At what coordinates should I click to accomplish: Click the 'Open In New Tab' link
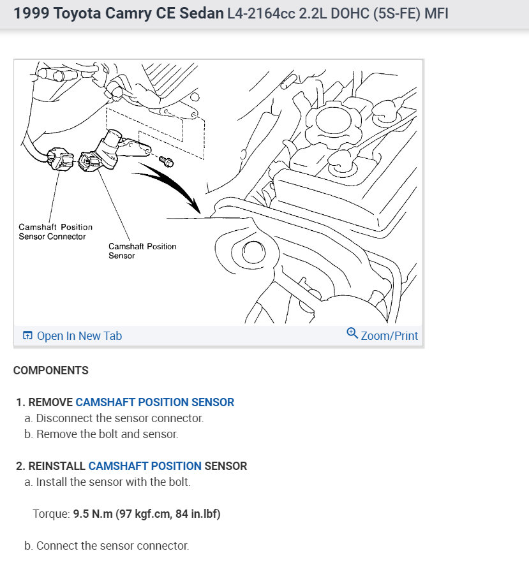tap(79, 336)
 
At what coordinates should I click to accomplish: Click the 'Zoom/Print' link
tap(389, 335)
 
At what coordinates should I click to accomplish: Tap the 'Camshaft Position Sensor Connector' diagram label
tap(56, 231)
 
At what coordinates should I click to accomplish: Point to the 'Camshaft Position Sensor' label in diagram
tap(142, 251)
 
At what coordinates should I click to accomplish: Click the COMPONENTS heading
tap(51, 370)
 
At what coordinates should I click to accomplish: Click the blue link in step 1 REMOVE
tap(154, 402)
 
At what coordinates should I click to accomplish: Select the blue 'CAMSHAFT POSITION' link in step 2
tap(145, 466)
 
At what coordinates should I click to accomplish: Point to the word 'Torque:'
tap(51, 514)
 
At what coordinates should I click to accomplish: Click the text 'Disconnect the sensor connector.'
tap(120, 418)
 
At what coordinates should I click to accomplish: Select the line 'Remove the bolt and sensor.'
tap(107, 434)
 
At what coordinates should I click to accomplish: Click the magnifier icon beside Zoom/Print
tap(352, 334)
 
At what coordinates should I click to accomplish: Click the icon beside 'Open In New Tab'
tap(27, 336)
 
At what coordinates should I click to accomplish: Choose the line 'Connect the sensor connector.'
tap(113, 546)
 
